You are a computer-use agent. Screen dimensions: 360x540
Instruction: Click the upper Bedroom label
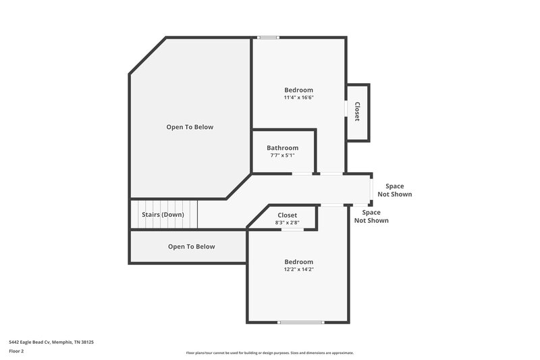(x=298, y=90)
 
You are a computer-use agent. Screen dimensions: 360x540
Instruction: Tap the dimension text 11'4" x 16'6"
(x=298, y=98)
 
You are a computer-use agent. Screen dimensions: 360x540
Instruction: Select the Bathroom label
(x=282, y=148)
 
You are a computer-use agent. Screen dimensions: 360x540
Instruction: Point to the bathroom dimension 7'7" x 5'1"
(x=282, y=155)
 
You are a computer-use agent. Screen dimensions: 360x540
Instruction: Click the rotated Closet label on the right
(x=357, y=111)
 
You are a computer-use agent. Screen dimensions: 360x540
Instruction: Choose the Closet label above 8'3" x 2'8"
(x=288, y=215)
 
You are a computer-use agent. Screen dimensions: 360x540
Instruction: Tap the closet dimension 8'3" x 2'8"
(x=288, y=222)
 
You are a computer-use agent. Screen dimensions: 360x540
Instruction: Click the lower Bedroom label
(x=298, y=261)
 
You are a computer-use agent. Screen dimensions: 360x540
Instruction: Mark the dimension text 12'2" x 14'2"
(x=298, y=269)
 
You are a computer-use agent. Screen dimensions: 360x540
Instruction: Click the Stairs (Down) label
(x=163, y=215)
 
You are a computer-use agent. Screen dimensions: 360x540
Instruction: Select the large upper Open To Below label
(x=190, y=127)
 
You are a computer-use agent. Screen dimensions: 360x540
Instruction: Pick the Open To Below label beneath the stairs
(x=191, y=247)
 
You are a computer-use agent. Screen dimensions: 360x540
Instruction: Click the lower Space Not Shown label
(x=371, y=216)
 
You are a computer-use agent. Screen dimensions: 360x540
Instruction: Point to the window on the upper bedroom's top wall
(x=269, y=37)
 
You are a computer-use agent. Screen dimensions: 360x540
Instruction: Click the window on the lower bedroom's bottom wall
(x=301, y=322)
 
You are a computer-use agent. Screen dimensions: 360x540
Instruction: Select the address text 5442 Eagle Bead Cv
(x=51, y=342)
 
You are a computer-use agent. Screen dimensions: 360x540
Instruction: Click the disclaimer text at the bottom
(x=269, y=353)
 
